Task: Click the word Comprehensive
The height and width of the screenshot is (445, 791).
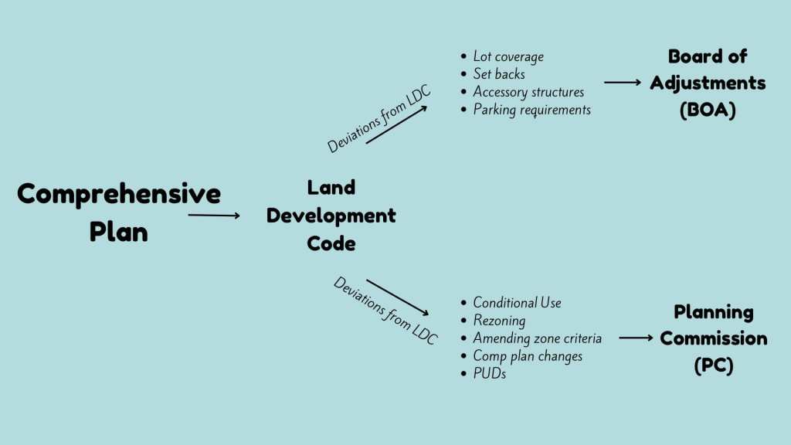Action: [119, 194]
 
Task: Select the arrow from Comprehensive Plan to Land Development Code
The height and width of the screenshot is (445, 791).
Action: [214, 216]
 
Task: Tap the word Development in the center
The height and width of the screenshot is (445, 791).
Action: [331, 216]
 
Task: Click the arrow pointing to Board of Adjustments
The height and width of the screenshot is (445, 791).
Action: [623, 82]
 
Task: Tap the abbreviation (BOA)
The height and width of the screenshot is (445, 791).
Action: [708, 110]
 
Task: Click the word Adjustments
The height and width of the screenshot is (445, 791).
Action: [708, 83]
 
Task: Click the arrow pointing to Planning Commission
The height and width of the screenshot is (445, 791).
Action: [637, 338]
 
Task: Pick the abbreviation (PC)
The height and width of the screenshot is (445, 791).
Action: [713, 365]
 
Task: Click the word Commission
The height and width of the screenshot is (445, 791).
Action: [713, 338]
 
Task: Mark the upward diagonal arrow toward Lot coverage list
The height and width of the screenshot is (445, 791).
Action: [396, 124]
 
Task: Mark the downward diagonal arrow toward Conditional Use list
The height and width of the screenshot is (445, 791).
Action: [398, 297]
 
